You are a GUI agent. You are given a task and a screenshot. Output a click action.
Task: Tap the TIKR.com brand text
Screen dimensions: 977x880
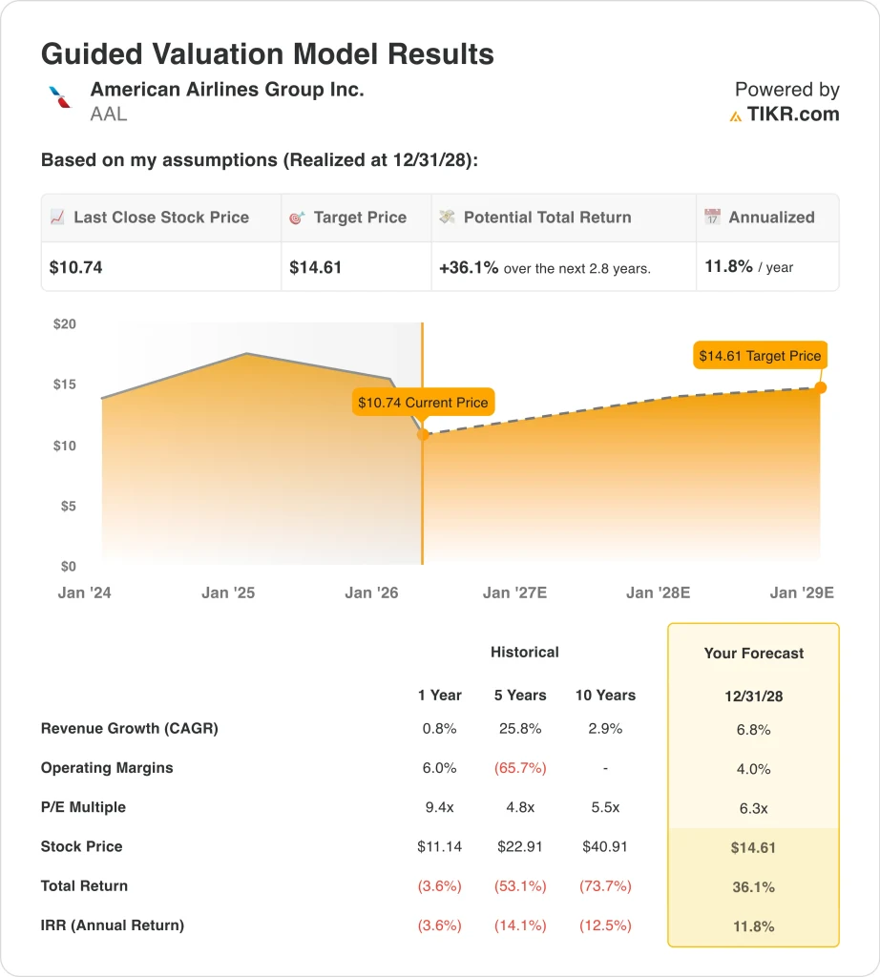793,114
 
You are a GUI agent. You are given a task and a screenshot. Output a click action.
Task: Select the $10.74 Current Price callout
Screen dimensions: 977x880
423,403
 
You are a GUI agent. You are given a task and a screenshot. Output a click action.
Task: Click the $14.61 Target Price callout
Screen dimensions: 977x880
760,356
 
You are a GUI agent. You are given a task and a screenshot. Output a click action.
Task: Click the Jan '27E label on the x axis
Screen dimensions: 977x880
514,592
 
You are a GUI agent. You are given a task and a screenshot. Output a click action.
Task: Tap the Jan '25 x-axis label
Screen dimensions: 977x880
228,592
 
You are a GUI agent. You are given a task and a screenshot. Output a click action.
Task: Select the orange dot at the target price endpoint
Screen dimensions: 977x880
821,387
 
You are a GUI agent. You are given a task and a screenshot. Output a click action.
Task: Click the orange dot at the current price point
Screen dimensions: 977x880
423,435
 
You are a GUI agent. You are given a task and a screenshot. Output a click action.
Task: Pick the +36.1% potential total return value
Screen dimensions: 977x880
469,268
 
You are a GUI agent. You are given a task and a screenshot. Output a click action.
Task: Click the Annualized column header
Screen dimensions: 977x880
771,218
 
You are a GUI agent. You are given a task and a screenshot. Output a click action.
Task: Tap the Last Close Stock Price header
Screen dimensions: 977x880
160,218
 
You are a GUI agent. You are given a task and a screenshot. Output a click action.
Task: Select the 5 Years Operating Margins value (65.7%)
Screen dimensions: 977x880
519,768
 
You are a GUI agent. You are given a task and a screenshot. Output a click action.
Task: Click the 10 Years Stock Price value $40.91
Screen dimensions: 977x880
605,846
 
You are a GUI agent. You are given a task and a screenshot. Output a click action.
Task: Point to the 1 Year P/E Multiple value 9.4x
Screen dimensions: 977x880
439,807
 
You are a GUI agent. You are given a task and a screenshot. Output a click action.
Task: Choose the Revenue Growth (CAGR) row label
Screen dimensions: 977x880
130,729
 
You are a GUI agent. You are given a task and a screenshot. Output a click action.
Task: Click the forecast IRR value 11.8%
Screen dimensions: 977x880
753,925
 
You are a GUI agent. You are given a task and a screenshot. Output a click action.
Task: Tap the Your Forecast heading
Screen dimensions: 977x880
753,654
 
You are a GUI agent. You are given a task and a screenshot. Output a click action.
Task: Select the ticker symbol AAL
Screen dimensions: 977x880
109,114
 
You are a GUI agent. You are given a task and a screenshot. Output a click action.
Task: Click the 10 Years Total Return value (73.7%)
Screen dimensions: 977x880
605,885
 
